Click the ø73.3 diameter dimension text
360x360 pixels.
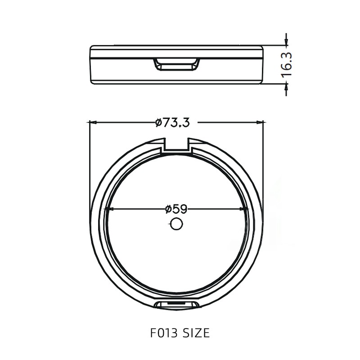172,122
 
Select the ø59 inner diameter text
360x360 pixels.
176,209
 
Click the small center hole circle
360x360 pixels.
176,224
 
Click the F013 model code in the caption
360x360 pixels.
161,333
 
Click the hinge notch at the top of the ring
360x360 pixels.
176,145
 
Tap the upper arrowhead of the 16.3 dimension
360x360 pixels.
286,42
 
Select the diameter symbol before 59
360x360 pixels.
168,209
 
